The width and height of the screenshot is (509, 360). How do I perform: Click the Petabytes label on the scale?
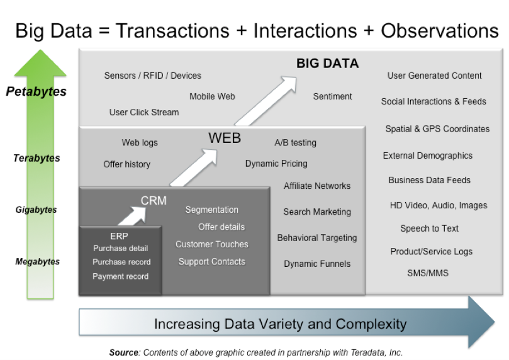click(36, 92)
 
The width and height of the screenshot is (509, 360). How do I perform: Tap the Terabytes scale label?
click(36, 159)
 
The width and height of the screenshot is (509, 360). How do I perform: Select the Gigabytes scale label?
click(36, 210)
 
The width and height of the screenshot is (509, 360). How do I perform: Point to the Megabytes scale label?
click(37, 262)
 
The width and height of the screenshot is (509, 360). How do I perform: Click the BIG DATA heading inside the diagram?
click(327, 63)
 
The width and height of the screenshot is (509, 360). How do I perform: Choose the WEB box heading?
click(225, 138)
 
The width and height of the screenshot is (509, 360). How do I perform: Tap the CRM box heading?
click(154, 201)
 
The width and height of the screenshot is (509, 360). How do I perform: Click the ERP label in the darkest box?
click(119, 236)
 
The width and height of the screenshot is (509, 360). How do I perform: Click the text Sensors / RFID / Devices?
click(153, 76)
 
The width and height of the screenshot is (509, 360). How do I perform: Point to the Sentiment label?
click(332, 96)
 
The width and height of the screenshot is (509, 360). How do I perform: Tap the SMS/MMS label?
click(428, 273)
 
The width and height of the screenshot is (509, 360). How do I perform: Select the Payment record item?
click(121, 276)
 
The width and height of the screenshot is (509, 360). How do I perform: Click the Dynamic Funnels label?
click(317, 264)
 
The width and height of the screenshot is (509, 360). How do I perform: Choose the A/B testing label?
click(295, 143)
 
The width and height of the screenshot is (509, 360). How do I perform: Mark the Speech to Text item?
click(429, 228)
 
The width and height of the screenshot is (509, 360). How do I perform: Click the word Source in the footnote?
click(123, 352)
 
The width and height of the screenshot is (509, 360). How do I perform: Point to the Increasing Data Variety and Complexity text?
click(280, 325)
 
